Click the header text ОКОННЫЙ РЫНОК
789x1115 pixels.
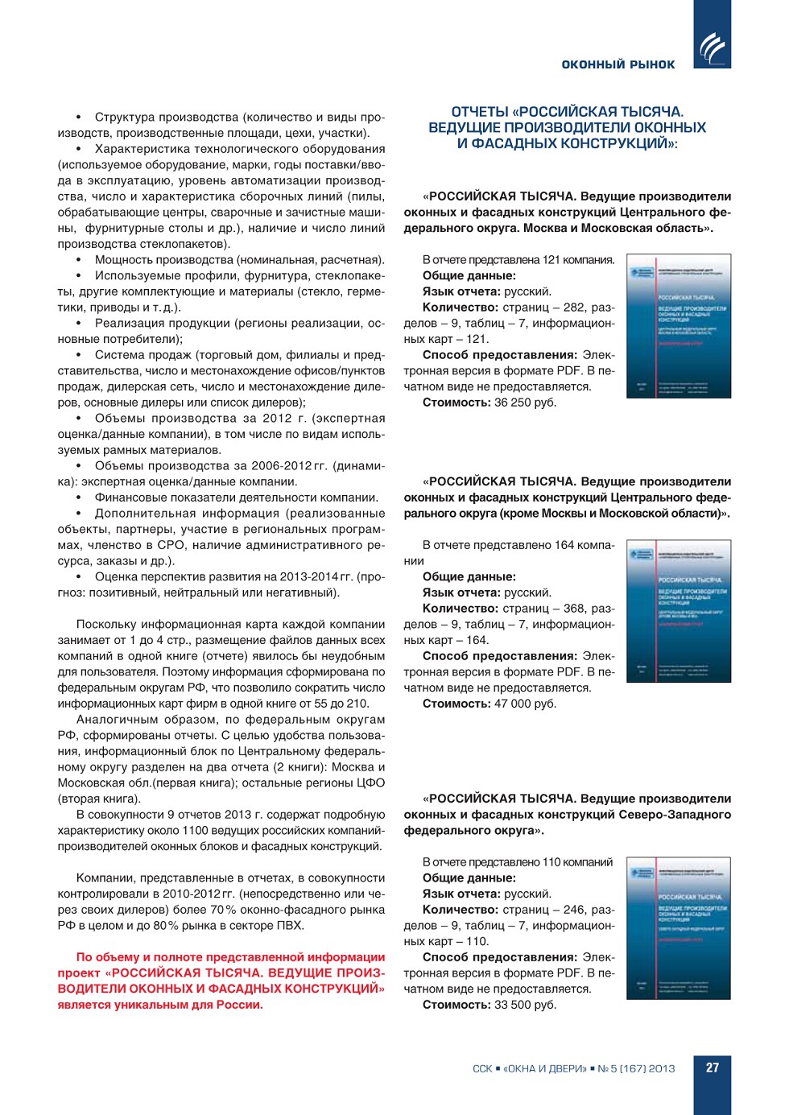click(x=618, y=64)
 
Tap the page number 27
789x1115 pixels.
click(x=713, y=1068)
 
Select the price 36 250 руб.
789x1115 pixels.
click(x=525, y=403)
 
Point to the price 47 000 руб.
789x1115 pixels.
click(x=525, y=704)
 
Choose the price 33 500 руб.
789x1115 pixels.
click(x=525, y=1005)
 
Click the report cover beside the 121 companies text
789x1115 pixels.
click(x=679, y=326)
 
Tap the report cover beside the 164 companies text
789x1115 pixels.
click(x=679, y=612)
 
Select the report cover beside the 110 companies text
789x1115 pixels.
click(x=679, y=928)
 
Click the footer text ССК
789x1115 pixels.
click(x=482, y=1069)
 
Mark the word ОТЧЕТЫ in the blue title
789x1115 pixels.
click(x=480, y=112)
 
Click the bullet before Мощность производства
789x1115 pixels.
click(x=79, y=260)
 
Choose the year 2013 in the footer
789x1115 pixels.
click(x=662, y=1069)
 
